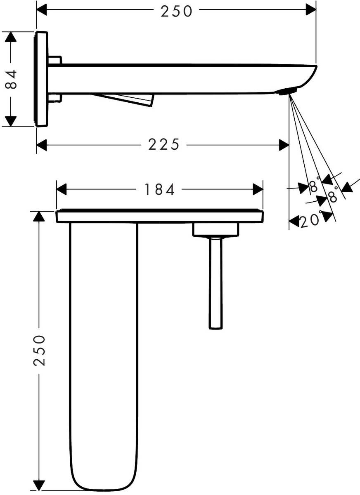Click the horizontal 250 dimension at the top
click(177, 11)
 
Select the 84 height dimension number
click(12, 79)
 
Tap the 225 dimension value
click(164, 145)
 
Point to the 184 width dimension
click(160, 189)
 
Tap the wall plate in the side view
click(41, 78)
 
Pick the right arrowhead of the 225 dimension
click(284, 145)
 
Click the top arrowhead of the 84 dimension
click(11, 37)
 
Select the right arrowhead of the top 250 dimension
click(311, 9)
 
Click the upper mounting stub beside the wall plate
click(55, 60)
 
